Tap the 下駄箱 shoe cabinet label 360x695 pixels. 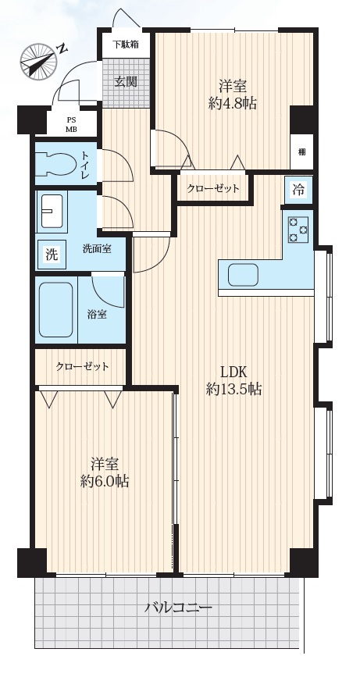click(125, 45)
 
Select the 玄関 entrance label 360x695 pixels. click(127, 81)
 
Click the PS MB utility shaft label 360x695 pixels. click(71, 123)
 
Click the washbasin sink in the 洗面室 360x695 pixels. click(52, 212)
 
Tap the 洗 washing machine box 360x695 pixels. click(52, 255)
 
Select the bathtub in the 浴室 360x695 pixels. click(56, 309)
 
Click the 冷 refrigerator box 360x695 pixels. click(298, 191)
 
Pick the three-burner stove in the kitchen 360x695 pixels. click(298, 230)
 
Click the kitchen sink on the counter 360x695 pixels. click(243, 275)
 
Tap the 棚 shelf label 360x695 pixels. click(301, 152)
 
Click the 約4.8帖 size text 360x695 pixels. click(232, 103)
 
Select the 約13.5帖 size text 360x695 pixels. click(233, 389)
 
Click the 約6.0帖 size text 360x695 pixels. click(105, 482)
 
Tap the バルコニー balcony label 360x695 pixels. click(179, 608)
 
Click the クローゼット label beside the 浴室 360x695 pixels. click(82, 367)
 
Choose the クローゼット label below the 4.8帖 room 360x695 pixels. click(213, 189)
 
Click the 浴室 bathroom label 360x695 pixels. click(97, 315)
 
